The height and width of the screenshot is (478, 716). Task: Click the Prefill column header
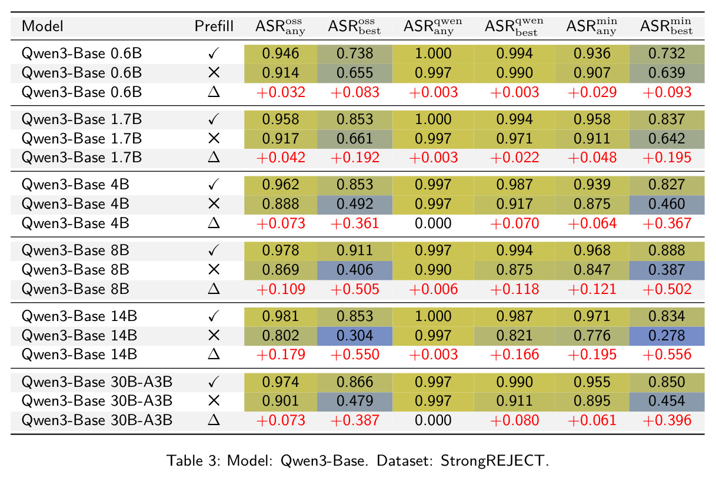tap(214, 26)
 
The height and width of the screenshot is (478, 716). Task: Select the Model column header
tap(42, 26)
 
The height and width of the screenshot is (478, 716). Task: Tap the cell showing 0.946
tap(281, 54)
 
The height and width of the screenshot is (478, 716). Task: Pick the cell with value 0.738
tap(355, 54)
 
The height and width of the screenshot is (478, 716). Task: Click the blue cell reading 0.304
tap(355, 336)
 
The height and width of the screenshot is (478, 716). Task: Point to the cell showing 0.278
tap(667, 336)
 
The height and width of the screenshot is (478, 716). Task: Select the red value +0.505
tap(355, 289)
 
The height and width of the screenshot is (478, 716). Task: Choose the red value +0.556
tap(667, 355)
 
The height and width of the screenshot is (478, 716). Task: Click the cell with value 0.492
tap(355, 204)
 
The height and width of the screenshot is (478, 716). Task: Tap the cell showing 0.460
tap(667, 204)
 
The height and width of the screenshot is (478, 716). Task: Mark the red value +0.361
tap(355, 223)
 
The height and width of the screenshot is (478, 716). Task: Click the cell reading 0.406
tap(355, 270)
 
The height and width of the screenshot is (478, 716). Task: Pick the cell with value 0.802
tap(281, 336)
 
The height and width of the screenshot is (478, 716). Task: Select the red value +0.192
tap(355, 158)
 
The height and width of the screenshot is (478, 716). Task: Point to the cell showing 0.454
tap(667, 400)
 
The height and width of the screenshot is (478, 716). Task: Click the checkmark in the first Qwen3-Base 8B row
tap(214, 250)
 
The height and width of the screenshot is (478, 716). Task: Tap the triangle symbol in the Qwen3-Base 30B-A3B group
tap(214, 420)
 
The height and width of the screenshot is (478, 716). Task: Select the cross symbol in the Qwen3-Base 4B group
tap(214, 203)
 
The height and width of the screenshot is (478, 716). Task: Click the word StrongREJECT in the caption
tap(492, 461)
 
